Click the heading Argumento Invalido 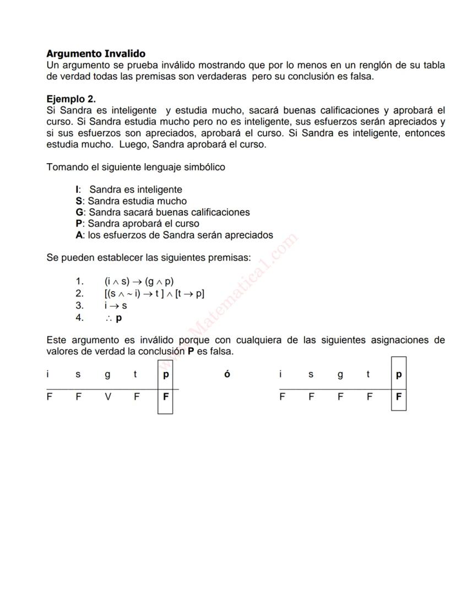point(96,53)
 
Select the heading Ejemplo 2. point(71,99)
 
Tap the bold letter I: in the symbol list point(78,190)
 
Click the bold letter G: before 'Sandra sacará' point(80,212)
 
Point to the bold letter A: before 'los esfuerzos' point(80,235)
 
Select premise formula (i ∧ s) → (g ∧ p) point(139,281)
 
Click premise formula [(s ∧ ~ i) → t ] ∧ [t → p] point(154,293)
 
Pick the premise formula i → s point(116,305)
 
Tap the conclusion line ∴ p point(114,318)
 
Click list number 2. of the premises point(80,293)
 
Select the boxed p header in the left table point(165,375)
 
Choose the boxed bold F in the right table point(399,395)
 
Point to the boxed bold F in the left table point(165,395)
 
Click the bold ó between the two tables point(227,374)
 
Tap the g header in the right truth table point(340,375)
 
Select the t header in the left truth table point(135,375)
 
